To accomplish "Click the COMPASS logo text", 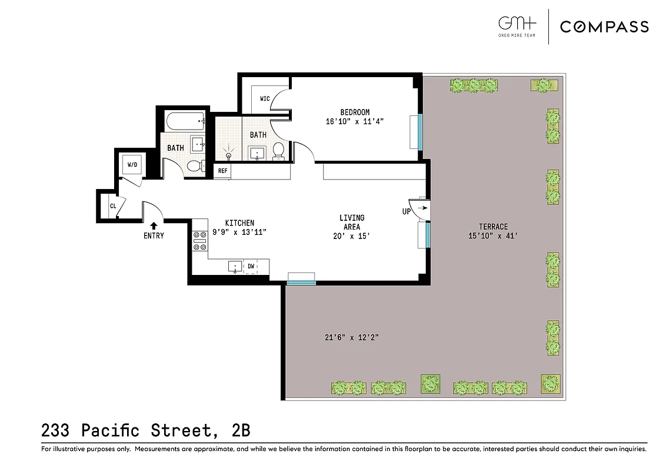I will coord(604,26).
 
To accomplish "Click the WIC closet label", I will coord(265,98).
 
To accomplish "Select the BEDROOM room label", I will coord(355,112).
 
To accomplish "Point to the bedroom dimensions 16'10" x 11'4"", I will coord(355,122).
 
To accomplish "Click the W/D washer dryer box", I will coord(132,164).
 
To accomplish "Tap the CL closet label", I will coord(112,206).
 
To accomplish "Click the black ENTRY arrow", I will coord(154,225).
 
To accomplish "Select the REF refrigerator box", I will coord(222,171).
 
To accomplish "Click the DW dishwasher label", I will coord(251,266).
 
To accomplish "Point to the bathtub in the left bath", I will coord(185,122).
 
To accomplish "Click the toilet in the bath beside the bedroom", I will coord(279,151).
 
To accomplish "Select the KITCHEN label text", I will coord(239,223).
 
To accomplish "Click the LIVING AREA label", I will coord(352,222).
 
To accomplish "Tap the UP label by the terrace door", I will coord(407,211).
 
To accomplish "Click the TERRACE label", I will coord(493,227).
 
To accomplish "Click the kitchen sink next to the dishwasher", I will coord(235,267).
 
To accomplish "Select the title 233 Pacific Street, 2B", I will coord(146,430).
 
